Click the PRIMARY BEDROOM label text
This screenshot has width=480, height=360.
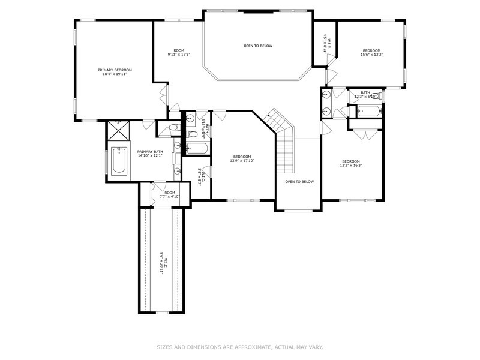point(115,70)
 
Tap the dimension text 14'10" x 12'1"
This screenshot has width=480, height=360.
point(149,155)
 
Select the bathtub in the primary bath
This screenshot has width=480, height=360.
point(119,161)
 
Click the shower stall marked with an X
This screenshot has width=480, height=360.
point(119,130)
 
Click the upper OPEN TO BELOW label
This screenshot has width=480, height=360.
point(258,46)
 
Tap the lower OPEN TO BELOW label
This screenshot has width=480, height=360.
point(299,181)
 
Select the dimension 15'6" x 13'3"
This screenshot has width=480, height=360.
point(371,55)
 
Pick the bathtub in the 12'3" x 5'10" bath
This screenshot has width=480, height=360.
point(365,110)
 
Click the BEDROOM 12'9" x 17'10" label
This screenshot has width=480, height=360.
point(243,158)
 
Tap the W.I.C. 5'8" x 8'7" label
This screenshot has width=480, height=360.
point(202,178)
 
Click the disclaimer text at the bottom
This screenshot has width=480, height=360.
point(240,347)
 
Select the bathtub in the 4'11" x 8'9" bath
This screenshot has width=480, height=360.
point(197,148)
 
